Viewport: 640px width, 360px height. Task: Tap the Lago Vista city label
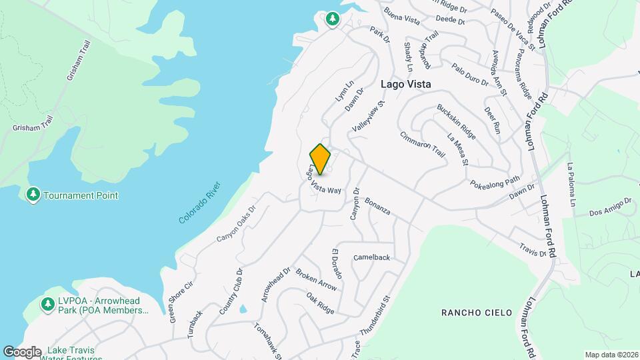click(x=405, y=85)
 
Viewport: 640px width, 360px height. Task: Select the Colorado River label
click(x=200, y=203)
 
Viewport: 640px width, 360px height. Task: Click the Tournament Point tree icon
click(x=33, y=195)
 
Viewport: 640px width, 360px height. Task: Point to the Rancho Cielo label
click(x=476, y=313)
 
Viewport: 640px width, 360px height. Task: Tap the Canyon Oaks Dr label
click(x=236, y=223)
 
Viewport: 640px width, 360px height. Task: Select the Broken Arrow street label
click(x=316, y=281)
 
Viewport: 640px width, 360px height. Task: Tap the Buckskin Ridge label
click(x=456, y=122)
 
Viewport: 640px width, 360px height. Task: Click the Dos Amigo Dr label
click(x=610, y=207)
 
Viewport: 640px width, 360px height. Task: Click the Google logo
click(x=22, y=351)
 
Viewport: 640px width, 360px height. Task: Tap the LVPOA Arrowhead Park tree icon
click(x=47, y=304)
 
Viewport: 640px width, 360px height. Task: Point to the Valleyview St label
click(x=368, y=117)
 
